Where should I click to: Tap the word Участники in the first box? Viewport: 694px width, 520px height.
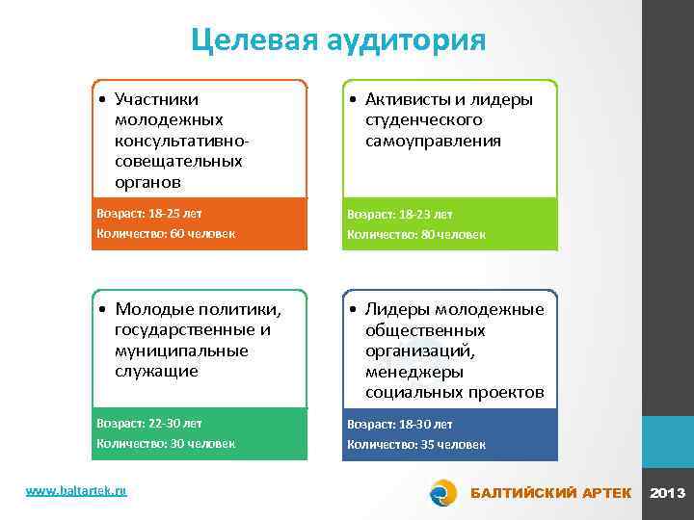pyautogui.click(x=156, y=98)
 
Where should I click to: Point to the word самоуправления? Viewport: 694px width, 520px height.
pyautogui.click(x=433, y=141)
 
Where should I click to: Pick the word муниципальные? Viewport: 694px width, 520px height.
pyautogui.click(x=180, y=351)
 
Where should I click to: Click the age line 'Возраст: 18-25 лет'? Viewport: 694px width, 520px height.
pyautogui.click(x=149, y=213)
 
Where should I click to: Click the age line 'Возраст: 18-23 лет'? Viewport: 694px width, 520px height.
pyautogui.click(x=399, y=214)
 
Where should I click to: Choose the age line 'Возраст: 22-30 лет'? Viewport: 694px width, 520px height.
pyautogui.click(x=149, y=423)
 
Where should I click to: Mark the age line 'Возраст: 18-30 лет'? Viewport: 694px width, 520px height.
pyautogui.click(x=399, y=424)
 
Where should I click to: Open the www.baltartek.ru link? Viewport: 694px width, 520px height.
pyautogui.click(x=76, y=491)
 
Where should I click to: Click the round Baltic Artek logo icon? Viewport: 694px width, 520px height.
pyautogui.click(x=443, y=492)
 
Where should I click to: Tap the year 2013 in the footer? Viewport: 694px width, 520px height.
pyautogui.click(x=668, y=493)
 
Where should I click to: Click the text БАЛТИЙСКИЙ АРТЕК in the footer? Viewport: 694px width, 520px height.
pyautogui.click(x=550, y=493)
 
